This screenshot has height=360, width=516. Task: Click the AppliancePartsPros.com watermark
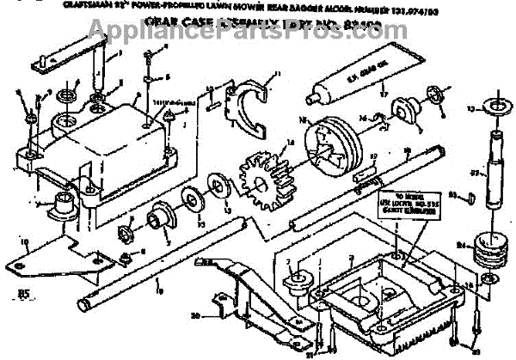(258, 26)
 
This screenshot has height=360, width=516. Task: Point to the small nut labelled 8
(126, 258)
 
